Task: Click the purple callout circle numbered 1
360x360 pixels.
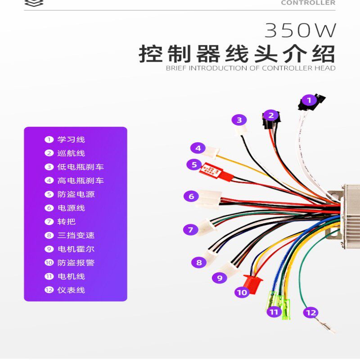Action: click(309, 100)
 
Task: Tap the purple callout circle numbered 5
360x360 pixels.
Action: click(194, 165)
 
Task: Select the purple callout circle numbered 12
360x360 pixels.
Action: click(310, 312)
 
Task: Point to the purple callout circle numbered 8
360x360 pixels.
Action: click(198, 262)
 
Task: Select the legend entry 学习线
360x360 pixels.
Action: click(71, 139)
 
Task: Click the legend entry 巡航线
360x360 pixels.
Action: click(71, 153)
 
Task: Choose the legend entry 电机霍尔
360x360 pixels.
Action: click(76, 249)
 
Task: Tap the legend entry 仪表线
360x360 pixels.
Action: click(71, 290)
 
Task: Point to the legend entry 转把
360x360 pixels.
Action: click(66, 221)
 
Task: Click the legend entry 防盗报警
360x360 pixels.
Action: click(76, 262)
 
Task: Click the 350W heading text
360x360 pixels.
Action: click(300, 30)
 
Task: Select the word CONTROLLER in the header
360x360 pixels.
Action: click(308, 3)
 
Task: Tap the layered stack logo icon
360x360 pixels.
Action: click(34, 3)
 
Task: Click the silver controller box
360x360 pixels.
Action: click(351, 216)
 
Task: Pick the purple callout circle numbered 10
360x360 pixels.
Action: click(242, 292)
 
